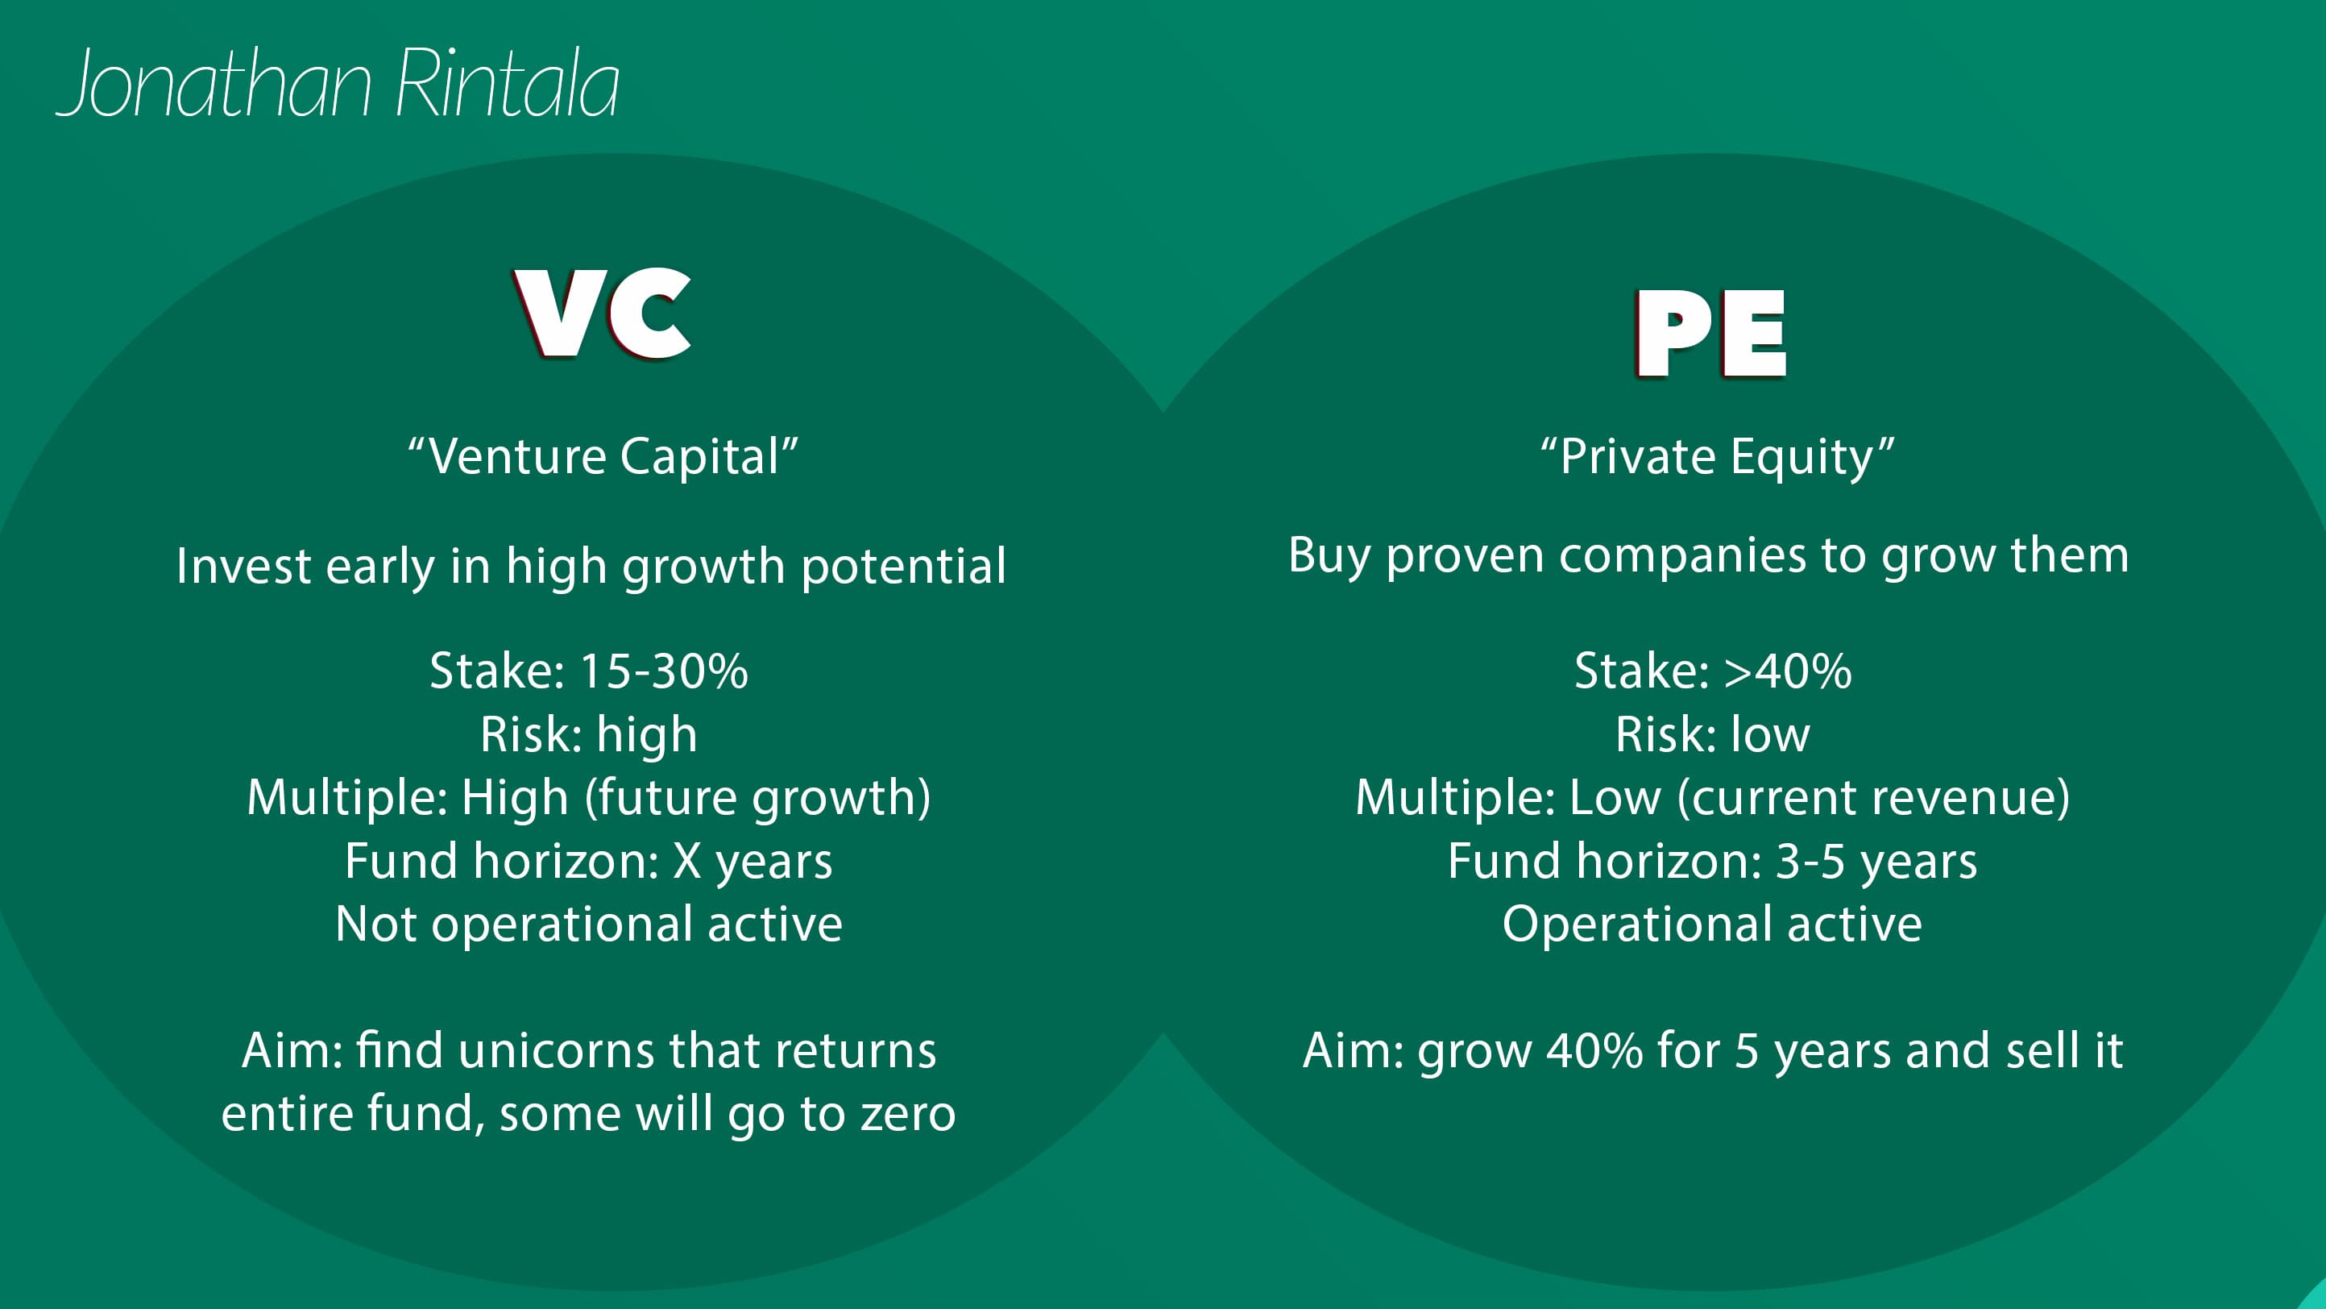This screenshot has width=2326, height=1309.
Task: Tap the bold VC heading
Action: tap(603, 314)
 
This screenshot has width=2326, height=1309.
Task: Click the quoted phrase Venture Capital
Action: tap(603, 456)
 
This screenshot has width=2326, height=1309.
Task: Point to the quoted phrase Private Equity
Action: tap(1717, 456)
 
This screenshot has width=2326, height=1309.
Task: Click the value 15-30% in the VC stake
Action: tap(664, 671)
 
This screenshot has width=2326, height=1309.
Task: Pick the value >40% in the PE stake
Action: tap(1787, 671)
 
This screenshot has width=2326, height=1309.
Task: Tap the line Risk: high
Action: tap(589, 734)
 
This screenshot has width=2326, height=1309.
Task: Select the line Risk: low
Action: tap(1712, 734)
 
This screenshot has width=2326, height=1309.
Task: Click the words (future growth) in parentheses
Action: tap(757, 798)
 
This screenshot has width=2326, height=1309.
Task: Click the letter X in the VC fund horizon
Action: tap(687, 861)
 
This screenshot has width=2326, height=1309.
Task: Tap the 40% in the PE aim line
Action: tap(1594, 1050)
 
